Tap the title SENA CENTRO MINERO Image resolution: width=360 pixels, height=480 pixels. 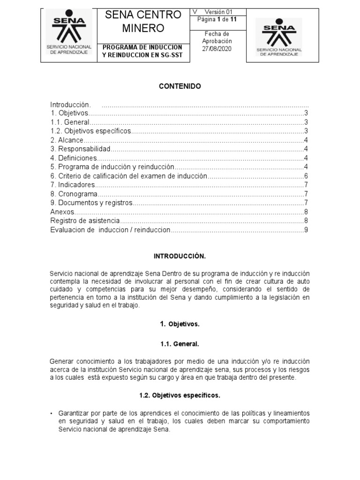[x=143, y=22]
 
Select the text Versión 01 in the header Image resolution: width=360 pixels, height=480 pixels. [x=219, y=12]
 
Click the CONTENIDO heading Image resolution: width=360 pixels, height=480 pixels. [x=180, y=87]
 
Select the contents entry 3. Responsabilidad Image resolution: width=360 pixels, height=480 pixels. [x=80, y=149]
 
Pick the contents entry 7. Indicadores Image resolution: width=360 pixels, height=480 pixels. [x=72, y=185]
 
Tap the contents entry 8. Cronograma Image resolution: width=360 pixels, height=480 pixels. [x=74, y=194]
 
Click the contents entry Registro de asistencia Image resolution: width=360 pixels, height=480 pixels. [x=85, y=221]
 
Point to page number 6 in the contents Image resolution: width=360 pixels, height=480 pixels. [x=305, y=176]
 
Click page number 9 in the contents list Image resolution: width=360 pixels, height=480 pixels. [x=305, y=230]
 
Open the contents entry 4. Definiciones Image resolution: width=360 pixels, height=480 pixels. [x=74, y=158]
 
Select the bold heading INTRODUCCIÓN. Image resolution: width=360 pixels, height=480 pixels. [x=180, y=256]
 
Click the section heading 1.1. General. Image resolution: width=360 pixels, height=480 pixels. [x=180, y=344]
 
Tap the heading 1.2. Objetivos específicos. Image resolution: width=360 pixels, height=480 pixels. [x=180, y=395]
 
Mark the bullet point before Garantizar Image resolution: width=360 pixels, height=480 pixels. [x=51, y=413]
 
